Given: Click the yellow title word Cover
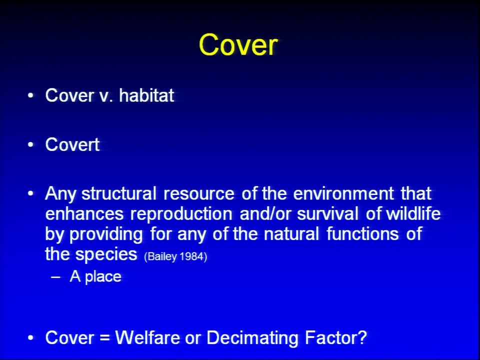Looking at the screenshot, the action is click(238, 44).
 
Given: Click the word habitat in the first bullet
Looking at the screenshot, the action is click(146, 95).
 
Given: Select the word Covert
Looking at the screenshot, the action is click(72, 144).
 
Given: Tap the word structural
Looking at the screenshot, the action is click(119, 193).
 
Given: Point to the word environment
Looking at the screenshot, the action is click(343, 193).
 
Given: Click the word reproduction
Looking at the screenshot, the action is click(181, 214).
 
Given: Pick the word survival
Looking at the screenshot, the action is click(327, 213).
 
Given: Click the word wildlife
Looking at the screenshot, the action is click(413, 213).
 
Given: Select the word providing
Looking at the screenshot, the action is click(106, 234).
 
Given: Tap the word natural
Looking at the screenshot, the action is click(291, 234).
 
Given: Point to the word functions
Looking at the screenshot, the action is click(363, 234).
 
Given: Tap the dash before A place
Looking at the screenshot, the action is click(55, 277).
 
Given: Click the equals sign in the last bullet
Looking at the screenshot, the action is click(104, 338).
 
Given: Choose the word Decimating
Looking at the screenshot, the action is click(252, 338).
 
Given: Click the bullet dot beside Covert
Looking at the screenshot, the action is click(30, 144).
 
